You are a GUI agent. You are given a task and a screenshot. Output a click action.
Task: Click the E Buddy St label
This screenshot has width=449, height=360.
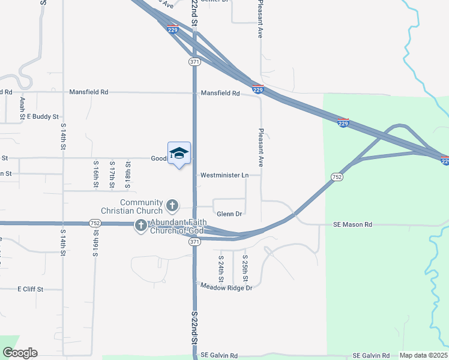point(42,116)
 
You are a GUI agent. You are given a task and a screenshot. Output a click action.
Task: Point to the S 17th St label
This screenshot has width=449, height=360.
point(112,175)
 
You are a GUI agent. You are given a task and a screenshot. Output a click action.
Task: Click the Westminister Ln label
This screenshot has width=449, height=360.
point(224,175)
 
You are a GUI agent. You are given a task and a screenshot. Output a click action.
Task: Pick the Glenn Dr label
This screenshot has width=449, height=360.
point(229,214)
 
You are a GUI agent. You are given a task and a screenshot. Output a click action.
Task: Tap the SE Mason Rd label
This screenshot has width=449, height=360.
point(353,224)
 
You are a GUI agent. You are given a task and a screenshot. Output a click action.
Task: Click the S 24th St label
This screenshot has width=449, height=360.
point(221,268)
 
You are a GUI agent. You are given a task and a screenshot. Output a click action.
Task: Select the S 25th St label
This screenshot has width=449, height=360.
point(245,268)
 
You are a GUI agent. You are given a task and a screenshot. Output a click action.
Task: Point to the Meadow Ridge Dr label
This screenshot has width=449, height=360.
point(226,287)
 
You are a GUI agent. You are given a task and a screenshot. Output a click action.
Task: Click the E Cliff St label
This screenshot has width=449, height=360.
point(31,289)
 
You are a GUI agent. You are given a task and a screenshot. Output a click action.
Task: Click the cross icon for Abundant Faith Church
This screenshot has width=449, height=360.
point(140,226)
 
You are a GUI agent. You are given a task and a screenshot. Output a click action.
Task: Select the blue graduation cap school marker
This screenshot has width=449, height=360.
point(179,154)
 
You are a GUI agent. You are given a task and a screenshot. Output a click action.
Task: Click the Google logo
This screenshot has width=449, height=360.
point(20,353)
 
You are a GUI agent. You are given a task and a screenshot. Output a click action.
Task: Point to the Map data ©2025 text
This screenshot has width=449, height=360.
point(423,355)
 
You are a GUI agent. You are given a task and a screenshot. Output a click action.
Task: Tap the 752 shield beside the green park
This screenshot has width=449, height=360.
point(337,176)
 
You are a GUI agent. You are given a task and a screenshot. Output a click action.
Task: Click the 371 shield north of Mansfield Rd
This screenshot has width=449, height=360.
point(194,62)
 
